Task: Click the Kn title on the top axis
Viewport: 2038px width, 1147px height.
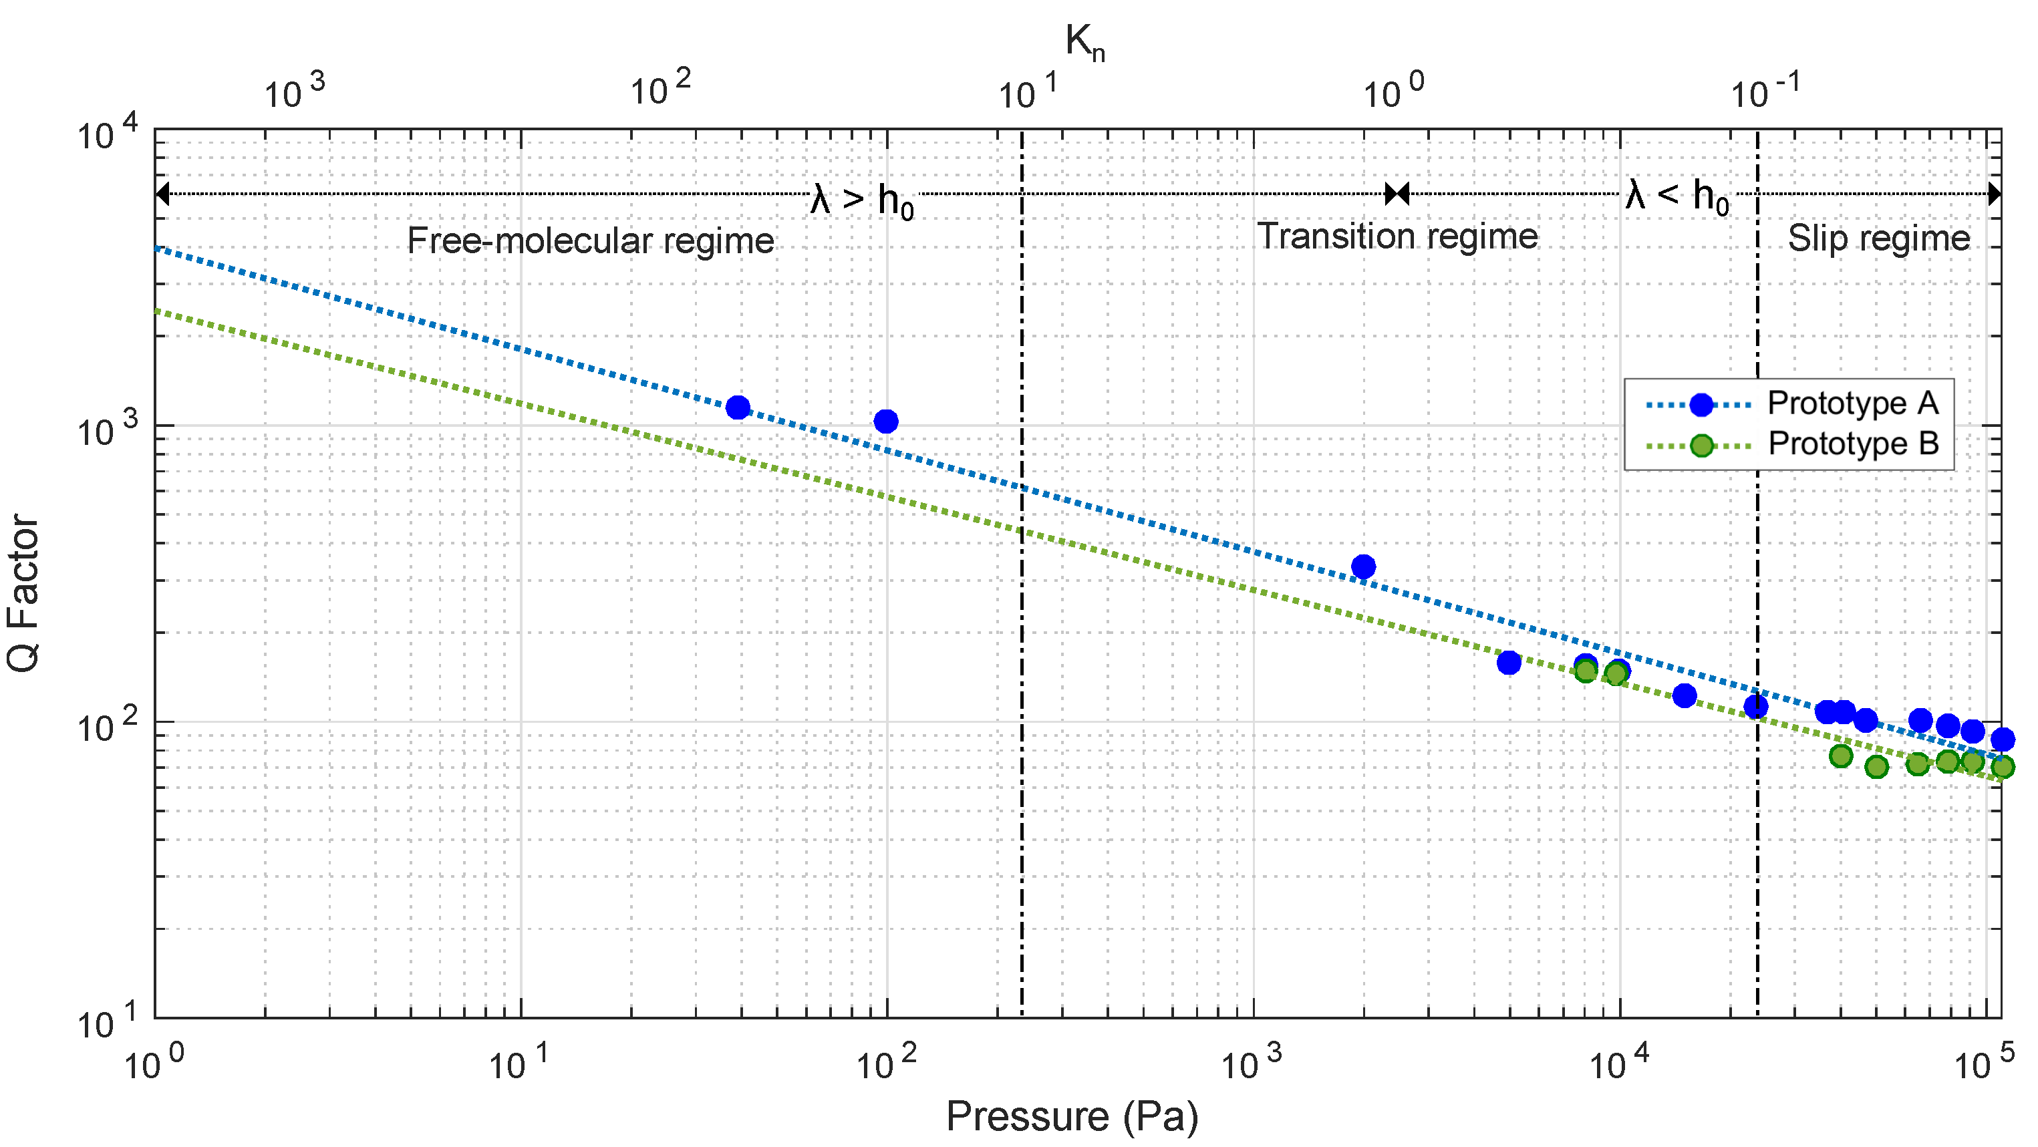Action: coord(1084,43)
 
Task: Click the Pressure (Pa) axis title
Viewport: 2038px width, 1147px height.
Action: coord(1072,1116)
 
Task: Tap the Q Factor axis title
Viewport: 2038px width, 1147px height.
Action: coord(24,593)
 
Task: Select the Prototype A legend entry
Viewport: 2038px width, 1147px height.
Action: coord(1852,403)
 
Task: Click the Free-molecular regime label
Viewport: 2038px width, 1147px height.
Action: coord(590,240)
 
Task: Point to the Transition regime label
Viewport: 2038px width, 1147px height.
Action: coord(1397,236)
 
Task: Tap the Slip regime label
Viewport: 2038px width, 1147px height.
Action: coord(1878,238)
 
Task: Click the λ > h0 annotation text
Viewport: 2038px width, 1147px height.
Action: coord(863,199)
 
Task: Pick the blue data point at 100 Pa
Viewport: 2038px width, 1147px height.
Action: coord(886,421)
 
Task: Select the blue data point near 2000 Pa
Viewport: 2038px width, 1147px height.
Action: coord(1363,566)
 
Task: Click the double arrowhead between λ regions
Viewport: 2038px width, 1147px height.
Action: coord(1397,193)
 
